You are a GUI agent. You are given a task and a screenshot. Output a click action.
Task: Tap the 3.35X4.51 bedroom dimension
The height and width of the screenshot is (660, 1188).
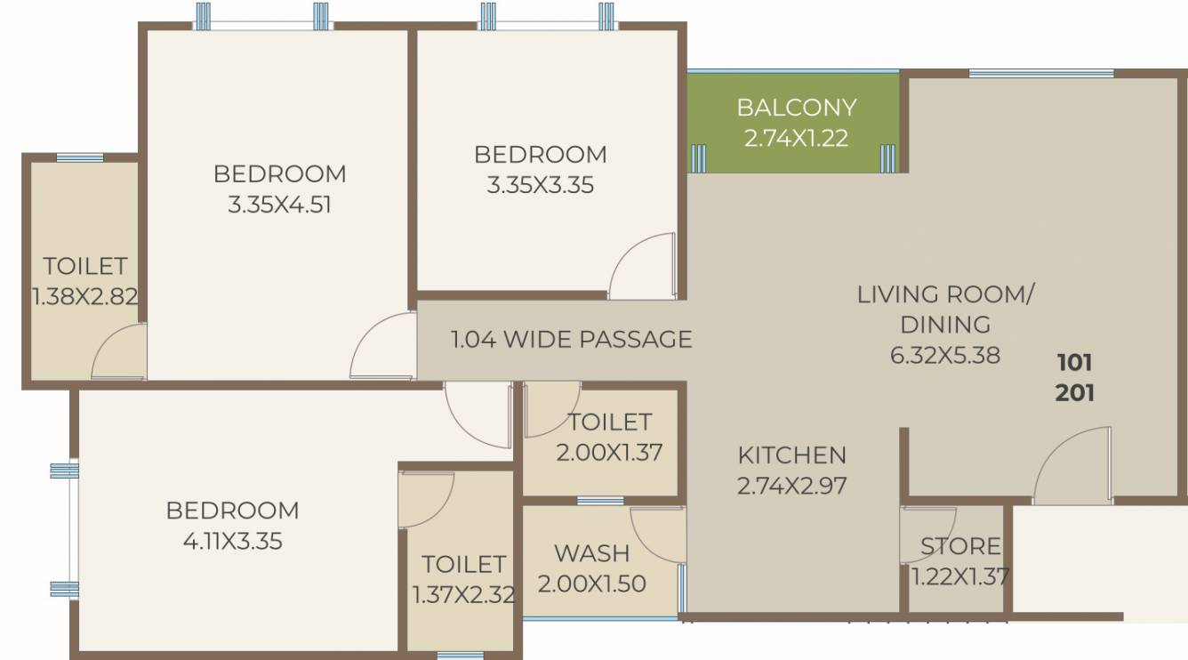tap(279, 205)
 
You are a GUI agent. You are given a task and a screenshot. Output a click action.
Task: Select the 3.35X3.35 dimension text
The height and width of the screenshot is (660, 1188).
tap(540, 186)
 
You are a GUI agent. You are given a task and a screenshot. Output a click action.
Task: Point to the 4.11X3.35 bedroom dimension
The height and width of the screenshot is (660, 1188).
tap(232, 540)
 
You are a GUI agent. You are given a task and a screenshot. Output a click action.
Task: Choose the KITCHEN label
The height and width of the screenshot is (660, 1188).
tap(791, 455)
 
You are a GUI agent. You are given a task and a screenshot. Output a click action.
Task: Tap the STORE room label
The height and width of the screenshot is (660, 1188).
tap(960, 545)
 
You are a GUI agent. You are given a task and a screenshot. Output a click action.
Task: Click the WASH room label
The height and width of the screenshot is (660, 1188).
tap(591, 552)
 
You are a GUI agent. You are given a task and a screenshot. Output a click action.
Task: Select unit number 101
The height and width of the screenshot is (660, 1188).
tap(1074, 362)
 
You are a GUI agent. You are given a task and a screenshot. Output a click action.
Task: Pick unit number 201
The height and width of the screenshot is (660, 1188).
tap(1074, 392)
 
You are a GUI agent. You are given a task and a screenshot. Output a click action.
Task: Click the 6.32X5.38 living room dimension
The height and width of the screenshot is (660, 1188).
tap(944, 355)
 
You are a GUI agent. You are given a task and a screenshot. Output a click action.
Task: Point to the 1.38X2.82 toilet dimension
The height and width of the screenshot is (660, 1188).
tap(85, 296)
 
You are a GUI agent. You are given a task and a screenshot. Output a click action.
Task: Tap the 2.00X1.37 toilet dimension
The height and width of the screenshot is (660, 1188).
tap(609, 452)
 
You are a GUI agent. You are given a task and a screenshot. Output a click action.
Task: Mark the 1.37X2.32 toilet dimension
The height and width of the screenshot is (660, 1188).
tap(463, 594)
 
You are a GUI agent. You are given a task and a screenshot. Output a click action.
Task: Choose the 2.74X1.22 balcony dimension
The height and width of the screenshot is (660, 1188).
tap(796, 138)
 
